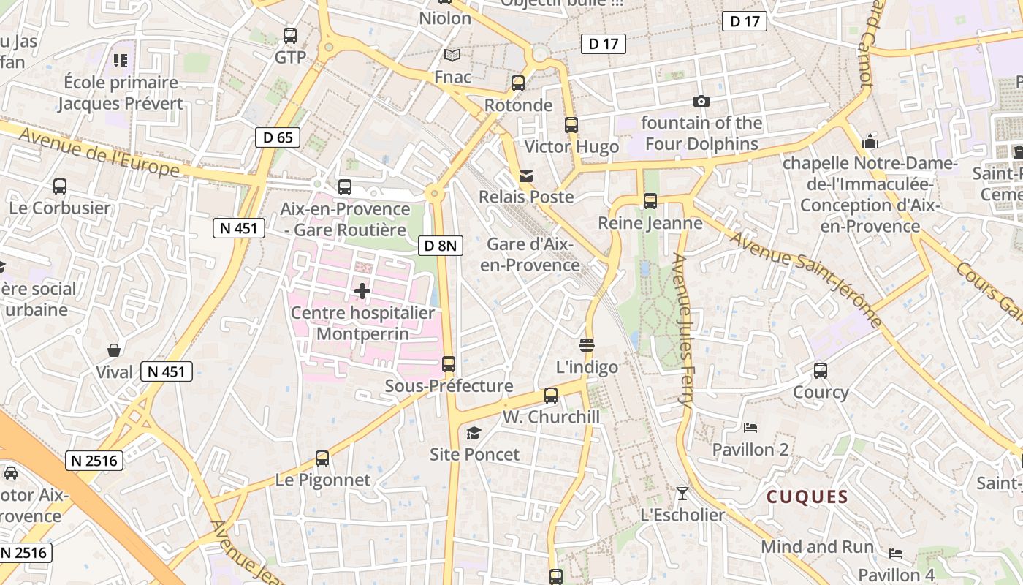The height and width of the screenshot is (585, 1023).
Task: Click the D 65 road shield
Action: pos(278,137)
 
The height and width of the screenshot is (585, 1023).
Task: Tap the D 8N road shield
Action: pos(441,246)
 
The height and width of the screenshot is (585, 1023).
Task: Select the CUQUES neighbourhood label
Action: pos(807,497)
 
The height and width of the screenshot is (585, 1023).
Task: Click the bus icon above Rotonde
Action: pos(518,83)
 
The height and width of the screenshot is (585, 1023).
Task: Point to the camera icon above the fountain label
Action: pos(701,102)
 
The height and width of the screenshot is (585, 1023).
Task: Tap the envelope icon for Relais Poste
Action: pos(526,176)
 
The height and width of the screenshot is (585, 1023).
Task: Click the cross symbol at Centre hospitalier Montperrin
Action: pos(362,291)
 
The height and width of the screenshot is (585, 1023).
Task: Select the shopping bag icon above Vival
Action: pos(114,351)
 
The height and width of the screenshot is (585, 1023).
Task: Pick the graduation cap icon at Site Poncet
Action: pos(474,434)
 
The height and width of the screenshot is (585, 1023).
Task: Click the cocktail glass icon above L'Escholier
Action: pos(682,494)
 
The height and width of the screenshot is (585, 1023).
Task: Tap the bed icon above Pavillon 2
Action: pos(750,428)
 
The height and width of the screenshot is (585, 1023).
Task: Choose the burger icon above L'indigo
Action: pos(587,345)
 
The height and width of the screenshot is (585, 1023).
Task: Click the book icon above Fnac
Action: pos(452,56)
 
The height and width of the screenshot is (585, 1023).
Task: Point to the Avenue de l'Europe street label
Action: pos(99,152)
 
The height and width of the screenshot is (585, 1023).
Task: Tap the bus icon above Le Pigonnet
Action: pos(322,459)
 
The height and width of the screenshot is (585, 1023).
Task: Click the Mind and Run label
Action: pos(817,547)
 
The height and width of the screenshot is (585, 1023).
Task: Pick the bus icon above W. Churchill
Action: pos(551,396)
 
